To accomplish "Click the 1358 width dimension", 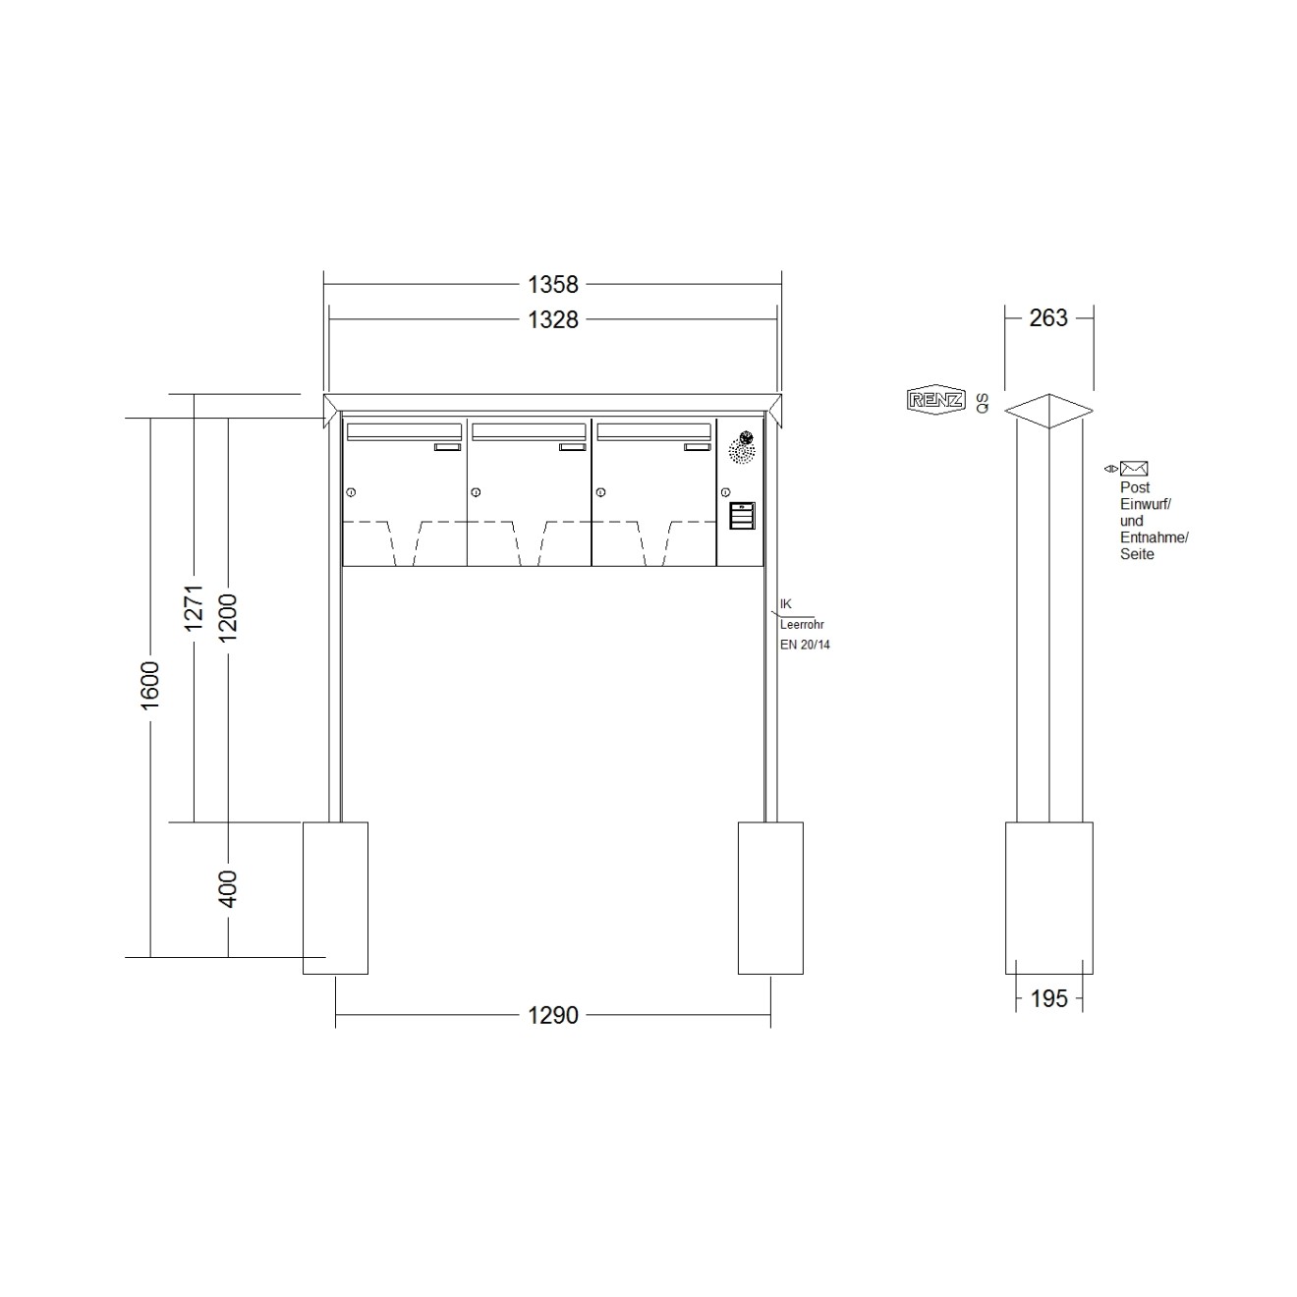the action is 552,285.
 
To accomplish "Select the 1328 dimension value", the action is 552,319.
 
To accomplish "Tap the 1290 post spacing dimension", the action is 552,1015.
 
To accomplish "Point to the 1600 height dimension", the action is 149,685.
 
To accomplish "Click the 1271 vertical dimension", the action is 194,608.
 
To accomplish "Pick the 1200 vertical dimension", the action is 228,617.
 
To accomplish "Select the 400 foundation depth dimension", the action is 228,888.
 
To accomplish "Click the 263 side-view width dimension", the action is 1048,317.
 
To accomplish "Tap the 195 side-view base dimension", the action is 1048,998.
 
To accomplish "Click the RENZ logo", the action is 935,401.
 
